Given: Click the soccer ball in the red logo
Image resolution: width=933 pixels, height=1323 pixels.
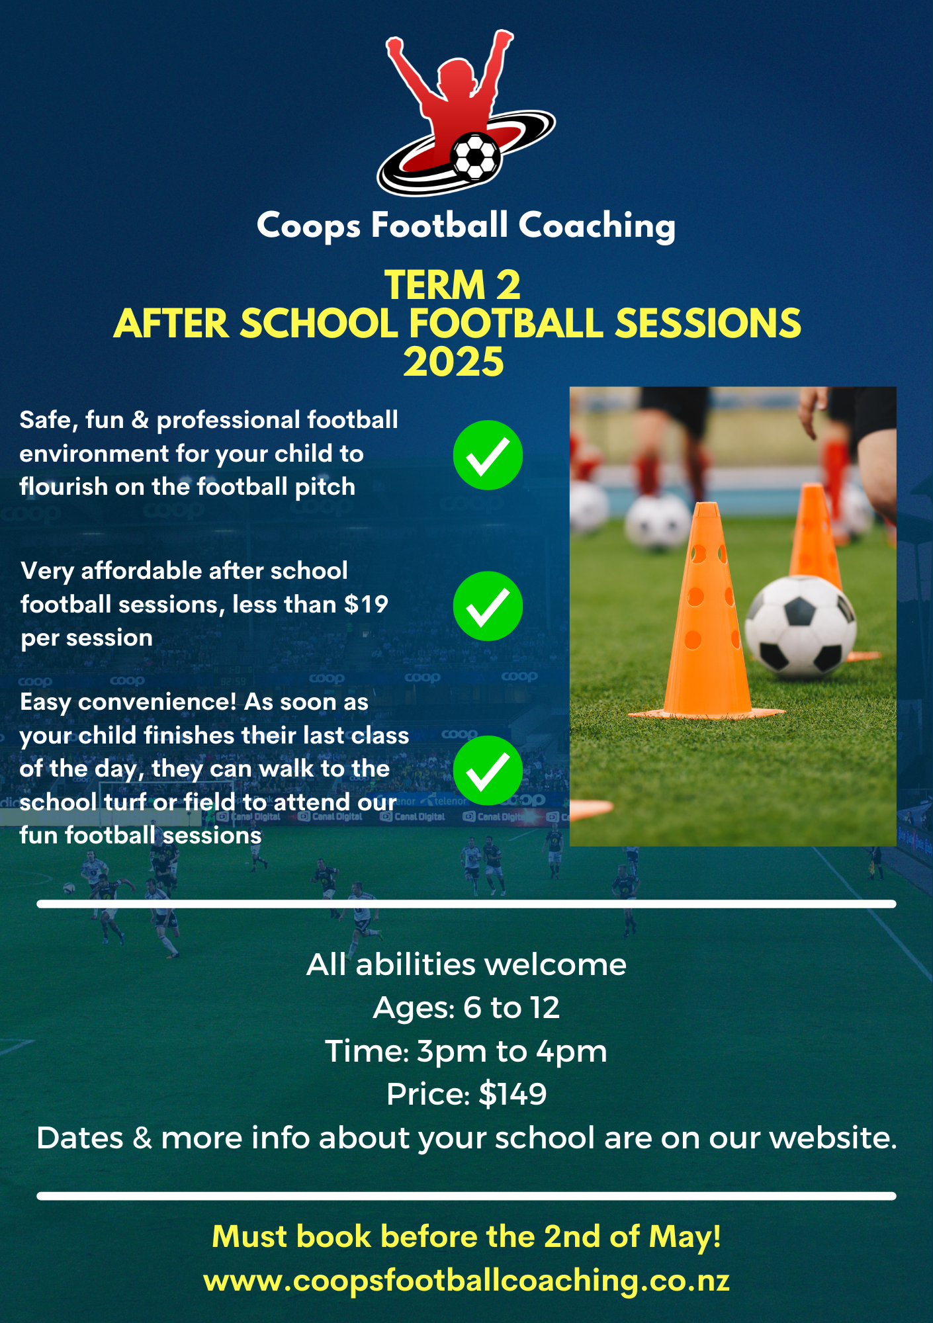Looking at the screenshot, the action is point(475,157).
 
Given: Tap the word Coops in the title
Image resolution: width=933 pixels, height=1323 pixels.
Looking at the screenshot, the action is point(308,226).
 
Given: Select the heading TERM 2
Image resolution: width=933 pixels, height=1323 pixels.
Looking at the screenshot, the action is point(453,285).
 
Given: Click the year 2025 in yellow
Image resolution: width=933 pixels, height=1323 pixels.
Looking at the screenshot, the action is point(454,362).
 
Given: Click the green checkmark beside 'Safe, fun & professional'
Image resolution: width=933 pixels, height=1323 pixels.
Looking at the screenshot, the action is point(488,455).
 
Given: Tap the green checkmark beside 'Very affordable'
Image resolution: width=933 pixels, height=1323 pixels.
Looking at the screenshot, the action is point(488,606).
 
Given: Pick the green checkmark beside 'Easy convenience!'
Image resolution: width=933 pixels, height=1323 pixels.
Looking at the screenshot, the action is point(488,770).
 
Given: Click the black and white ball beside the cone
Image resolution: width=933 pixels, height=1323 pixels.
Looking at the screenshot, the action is point(800,627).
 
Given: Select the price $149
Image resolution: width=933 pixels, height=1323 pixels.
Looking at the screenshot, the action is point(513,1094).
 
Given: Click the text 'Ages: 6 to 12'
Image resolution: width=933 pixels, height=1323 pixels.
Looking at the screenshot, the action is point(466,1007).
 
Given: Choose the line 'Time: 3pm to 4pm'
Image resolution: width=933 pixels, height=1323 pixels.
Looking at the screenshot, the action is point(466,1051).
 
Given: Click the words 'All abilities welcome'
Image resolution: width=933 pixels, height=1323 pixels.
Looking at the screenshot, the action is point(466,964).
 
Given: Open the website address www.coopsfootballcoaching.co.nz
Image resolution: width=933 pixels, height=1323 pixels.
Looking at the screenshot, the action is point(466,1281).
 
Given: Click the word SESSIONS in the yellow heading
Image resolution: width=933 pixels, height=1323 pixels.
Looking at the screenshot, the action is point(708,323).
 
